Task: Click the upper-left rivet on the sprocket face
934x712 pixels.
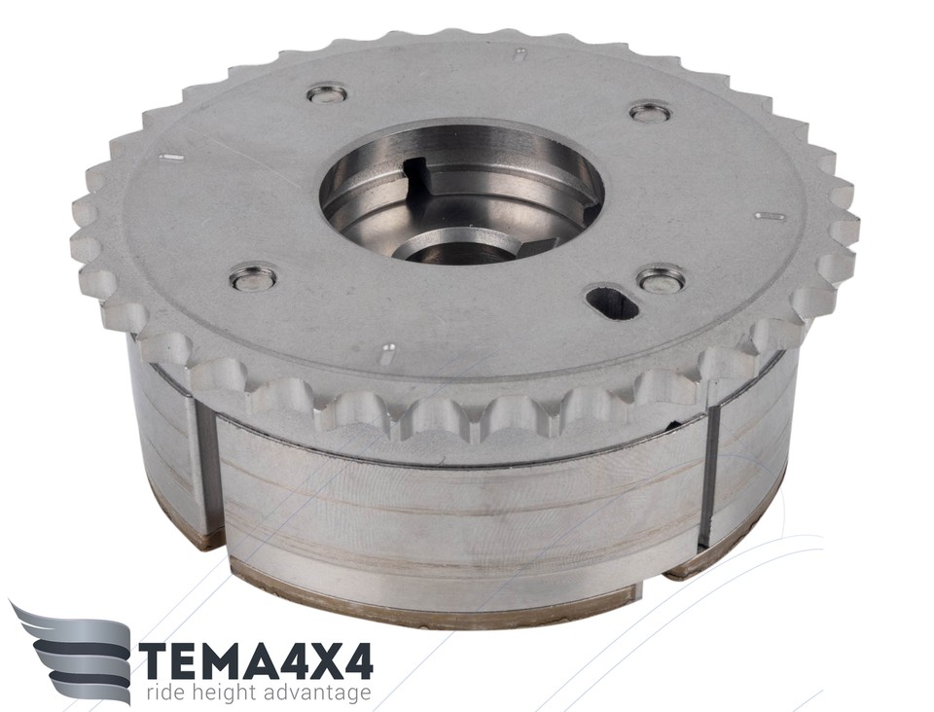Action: point(327,93)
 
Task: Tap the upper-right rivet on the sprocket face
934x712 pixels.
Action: point(650,112)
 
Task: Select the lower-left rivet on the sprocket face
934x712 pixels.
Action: point(253,278)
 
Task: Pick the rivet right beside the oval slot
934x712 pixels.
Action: point(661,280)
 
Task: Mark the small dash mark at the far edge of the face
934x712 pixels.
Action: point(521,53)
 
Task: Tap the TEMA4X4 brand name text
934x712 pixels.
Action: point(255,660)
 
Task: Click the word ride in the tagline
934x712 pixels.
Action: point(168,694)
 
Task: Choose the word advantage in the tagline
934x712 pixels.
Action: point(322,694)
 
